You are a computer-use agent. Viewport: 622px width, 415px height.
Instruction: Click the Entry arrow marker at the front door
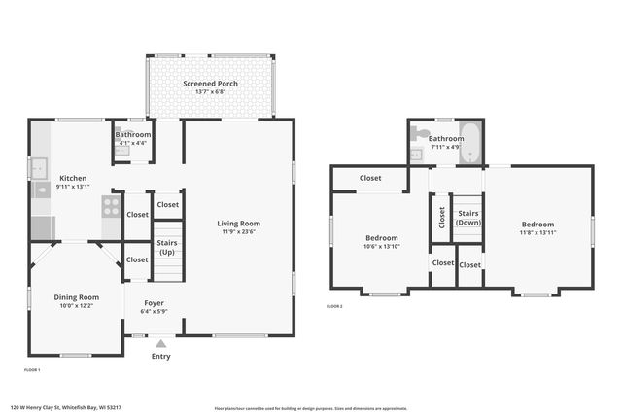click(161, 343)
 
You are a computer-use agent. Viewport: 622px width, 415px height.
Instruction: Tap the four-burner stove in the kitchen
click(111, 206)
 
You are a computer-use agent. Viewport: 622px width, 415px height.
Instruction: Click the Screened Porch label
click(211, 84)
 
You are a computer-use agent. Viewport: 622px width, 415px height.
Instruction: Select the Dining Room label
click(76, 297)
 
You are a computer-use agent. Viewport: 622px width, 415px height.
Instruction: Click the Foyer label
click(154, 302)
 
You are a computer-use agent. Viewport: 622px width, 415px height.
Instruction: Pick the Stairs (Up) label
click(168, 247)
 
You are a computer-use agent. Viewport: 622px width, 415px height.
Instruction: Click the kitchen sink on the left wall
click(39, 168)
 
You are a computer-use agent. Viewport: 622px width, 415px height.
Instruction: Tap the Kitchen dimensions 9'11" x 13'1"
click(73, 187)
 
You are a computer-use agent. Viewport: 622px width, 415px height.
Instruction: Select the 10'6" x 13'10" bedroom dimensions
click(381, 247)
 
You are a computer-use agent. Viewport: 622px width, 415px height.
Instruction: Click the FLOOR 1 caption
click(32, 370)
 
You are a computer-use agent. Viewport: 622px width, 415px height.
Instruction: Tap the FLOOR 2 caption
click(334, 306)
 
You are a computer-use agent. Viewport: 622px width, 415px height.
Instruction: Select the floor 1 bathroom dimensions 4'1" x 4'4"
click(133, 143)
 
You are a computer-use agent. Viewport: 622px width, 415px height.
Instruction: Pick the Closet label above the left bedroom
click(370, 178)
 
